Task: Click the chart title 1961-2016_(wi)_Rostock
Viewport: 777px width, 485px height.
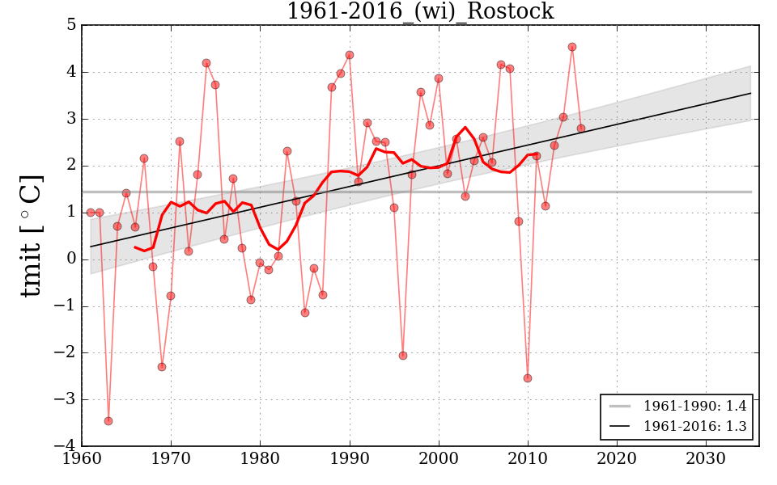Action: point(420,11)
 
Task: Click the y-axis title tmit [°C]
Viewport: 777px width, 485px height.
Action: point(31,235)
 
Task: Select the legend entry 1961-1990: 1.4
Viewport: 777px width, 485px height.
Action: point(694,405)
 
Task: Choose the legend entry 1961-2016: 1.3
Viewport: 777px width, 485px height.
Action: point(694,426)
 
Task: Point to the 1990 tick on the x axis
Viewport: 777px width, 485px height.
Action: point(350,446)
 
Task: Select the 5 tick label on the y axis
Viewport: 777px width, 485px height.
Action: point(71,25)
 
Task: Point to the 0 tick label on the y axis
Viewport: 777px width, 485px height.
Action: point(71,259)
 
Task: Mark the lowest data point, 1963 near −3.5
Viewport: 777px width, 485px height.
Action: point(108,421)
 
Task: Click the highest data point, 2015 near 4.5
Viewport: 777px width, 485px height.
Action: point(572,47)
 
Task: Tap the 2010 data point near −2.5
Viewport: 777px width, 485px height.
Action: point(528,378)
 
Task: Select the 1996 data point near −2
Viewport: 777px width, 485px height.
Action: point(403,356)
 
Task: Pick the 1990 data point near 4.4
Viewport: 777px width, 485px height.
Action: point(350,55)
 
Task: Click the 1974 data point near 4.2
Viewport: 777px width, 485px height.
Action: point(206,63)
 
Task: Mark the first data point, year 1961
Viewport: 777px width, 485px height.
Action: point(91,213)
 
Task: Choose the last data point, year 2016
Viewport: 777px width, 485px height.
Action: point(581,129)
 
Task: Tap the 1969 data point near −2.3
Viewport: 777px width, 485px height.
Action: point(162,367)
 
